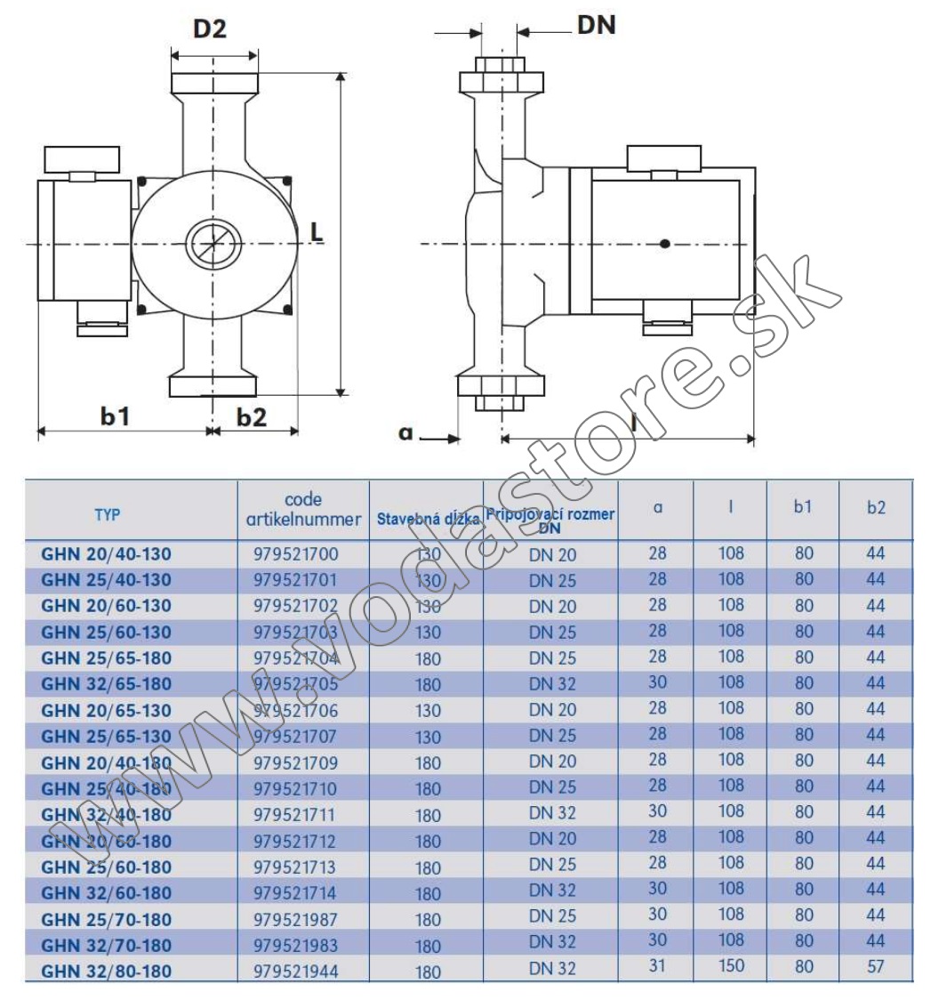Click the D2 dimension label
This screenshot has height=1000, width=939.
210,28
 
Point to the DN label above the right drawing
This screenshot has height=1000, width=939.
597,25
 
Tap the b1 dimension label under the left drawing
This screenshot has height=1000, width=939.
116,415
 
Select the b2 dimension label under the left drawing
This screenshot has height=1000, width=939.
252,417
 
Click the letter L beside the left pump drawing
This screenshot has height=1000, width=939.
317,232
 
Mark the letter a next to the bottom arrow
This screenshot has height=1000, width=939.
405,433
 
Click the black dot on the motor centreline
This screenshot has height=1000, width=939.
665,243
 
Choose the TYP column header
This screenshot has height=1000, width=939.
107,514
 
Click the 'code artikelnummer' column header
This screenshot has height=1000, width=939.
303,509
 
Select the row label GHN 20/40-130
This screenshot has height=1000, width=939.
107,553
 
